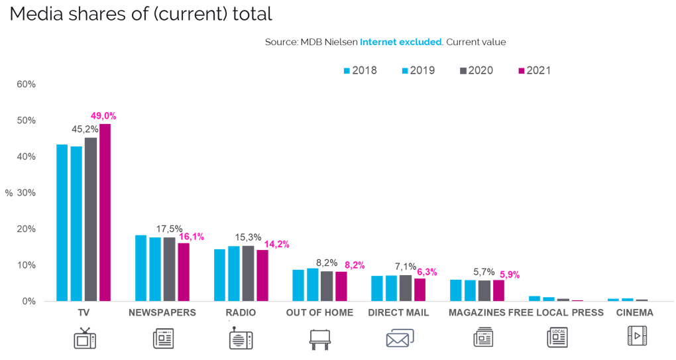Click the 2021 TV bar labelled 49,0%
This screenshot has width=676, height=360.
pyautogui.click(x=105, y=212)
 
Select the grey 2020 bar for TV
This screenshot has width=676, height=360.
pyautogui.click(x=91, y=219)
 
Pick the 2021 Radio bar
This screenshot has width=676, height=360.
pyautogui.click(x=262, y=275)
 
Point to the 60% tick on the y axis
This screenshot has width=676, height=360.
pyautogui.click(x=27, y=84)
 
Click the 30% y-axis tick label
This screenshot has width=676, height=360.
pyautogui.click(x=27, y=193)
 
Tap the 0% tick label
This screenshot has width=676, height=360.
pyautogui.click(x=29, y=302)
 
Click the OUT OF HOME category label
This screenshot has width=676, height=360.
pyautogui.click(x=319, y=312)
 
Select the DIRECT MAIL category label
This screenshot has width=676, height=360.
pyautogui.click(x=398, y=312)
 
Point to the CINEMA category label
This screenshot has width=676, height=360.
pyautogui.click(x=634, y=312)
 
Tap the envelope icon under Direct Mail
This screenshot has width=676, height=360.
pyautogui.click(x=399, y=338)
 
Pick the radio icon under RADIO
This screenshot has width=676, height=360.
pyautogui.click(x=241, y=338)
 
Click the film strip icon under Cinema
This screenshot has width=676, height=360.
pyautogui.click(x=637, y=336)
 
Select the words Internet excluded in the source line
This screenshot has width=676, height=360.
pyautogui.click(x=400, y=42)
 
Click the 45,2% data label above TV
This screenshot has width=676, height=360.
pyautogui.click(x=85, y=130)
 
